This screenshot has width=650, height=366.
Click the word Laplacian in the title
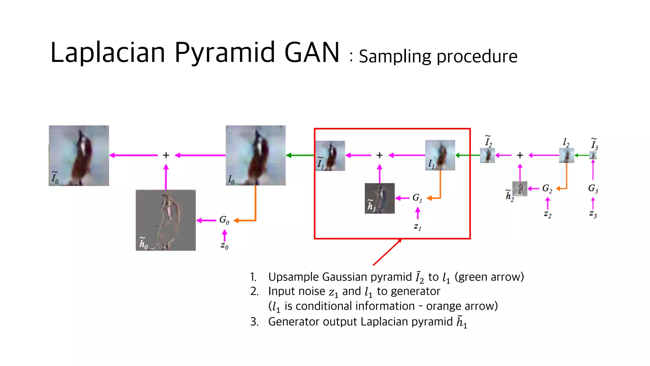(x=108, y=52)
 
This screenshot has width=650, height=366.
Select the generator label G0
(x=224, y=220)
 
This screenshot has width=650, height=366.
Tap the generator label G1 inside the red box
(x=417, y=198)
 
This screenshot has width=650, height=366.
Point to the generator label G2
(x=547, y=188)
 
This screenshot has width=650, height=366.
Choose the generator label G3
(x=593, y=189)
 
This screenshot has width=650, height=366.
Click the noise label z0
(x=224, y=246)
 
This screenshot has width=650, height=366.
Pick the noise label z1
(x=417, y=227)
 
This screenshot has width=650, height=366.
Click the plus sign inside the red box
(x=380, y=155)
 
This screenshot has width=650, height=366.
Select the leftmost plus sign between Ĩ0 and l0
(x=166, y=155)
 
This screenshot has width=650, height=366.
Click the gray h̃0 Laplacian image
(x=166, y=220)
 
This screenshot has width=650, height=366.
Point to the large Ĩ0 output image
(x=79, y=155)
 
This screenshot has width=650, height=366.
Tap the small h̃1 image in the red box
(x=380, y=198)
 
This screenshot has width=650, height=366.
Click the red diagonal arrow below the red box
(x=387, y=252)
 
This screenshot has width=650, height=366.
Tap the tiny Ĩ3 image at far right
(x=593, y=155)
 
